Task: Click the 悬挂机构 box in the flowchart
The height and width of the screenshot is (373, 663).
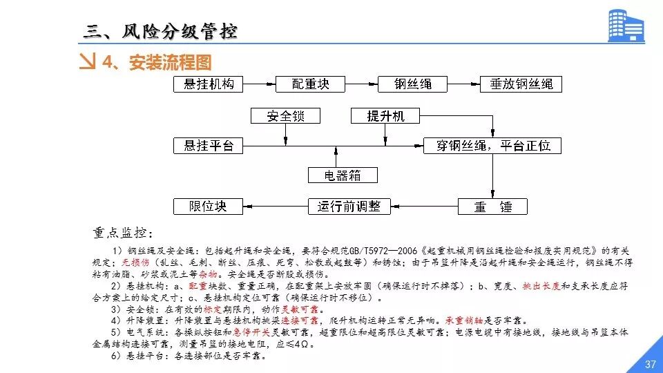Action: point(209,84)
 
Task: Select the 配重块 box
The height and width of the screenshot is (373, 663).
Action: point(310,84)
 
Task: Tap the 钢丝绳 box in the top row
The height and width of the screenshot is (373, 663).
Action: point(413,84)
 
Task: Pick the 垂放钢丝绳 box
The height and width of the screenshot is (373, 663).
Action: point(521,84)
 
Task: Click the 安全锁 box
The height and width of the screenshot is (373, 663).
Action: point(285,116)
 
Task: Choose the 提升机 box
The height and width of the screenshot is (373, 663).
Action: point(386,116)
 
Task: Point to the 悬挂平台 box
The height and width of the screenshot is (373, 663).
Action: point(209,146)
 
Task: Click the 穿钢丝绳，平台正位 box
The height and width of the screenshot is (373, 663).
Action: point(492,146)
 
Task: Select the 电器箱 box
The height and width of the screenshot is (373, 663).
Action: point(343,175)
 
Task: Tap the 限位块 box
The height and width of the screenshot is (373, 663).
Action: point(209,206)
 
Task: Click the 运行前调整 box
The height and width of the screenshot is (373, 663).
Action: point(349,206)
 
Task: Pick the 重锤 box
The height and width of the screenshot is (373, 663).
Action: point(492,206)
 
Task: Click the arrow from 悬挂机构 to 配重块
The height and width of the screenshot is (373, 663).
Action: point(259,84)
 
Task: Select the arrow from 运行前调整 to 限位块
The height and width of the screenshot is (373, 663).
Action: point(276,206)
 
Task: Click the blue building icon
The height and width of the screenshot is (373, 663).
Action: point(625,26)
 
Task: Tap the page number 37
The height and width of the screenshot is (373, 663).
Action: point(649,364)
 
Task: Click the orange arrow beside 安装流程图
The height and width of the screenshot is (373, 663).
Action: point(88,62)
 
